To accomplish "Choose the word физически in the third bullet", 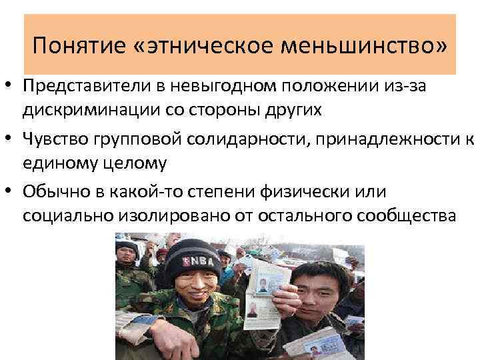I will [x=337, y=192].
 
